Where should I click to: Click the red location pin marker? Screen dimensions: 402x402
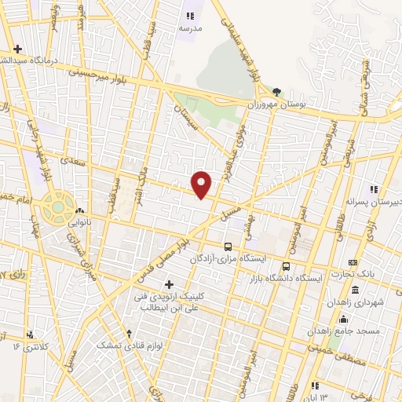click(x=203, y=183)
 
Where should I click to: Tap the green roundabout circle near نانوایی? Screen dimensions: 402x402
click(x=57, y=208)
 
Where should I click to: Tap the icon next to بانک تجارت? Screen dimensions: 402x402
click(x=353, y=262)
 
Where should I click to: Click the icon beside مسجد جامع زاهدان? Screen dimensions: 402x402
click(x=342, y=318)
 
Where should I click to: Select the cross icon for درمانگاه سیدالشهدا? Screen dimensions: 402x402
click(x=17, y=49)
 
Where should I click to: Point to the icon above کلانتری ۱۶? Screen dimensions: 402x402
click(x=31, y=334)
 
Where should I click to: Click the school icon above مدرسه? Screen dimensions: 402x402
click(x=188, y=15)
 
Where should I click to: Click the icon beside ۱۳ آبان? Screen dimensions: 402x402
click(x=315, y=386)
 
